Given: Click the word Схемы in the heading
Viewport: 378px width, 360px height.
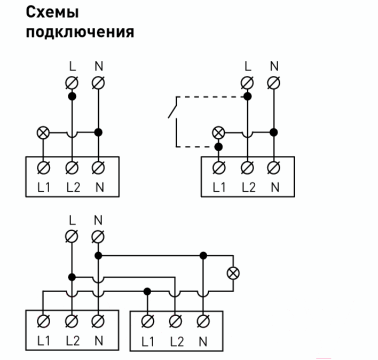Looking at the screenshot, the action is [x=52, y=12].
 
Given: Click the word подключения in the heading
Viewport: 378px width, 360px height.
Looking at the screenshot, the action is [x=80, y=32].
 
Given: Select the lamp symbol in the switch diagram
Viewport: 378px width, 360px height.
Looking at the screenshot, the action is [x=218, y=132].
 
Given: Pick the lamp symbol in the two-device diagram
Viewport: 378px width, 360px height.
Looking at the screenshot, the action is [x=233, y=273].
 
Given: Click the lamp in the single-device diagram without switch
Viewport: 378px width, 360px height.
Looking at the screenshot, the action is [x=43, y=132].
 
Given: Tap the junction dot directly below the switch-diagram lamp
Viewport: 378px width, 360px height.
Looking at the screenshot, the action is [x=218, y=146].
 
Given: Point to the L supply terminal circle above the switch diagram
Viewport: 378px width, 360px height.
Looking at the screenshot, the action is [x=247, y=83].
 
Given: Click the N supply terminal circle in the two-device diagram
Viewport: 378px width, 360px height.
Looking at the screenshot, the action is [x=98, y=237].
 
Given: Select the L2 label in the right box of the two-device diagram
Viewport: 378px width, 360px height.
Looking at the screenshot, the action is [x=177, y=341].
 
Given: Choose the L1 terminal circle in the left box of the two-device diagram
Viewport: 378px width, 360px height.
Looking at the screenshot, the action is [x=44, y=321].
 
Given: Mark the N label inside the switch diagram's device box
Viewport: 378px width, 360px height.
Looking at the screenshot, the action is [x=275, y=187].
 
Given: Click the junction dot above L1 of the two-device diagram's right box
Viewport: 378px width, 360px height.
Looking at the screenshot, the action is [x=147, y=292].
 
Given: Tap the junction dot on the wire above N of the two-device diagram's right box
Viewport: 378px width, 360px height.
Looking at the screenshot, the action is [x=203, y=255].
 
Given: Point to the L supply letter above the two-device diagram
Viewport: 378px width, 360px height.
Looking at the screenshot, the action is [x=72, y=220].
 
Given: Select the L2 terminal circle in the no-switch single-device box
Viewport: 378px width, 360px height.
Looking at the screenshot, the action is [x=72, y=167].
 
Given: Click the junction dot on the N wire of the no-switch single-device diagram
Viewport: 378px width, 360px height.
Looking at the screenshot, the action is [x=98, y=132].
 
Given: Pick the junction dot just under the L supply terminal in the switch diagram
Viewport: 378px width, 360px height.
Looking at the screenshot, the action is [x=247, y=97].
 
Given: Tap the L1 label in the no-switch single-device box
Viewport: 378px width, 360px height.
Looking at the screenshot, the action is [x=44, y=187].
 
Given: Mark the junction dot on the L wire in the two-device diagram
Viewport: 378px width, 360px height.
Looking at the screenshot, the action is [x=72, y=277].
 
